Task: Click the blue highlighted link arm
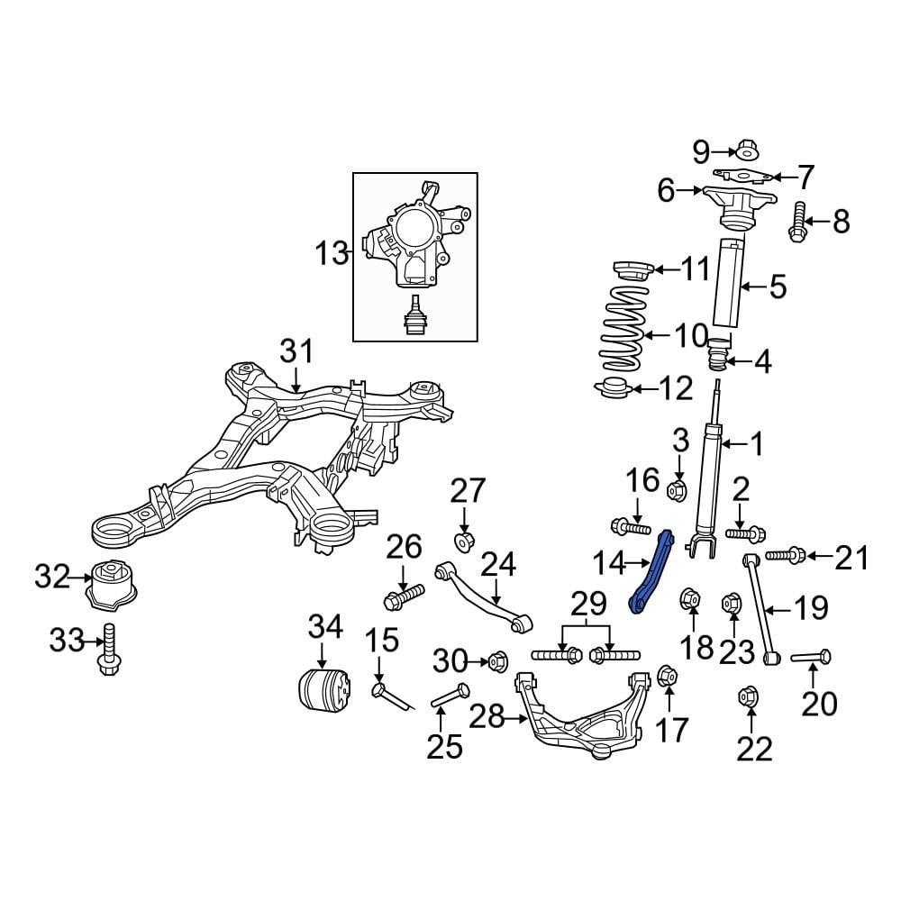tap(651, 571)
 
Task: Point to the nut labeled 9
tap(746, 150)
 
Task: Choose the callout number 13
tap(332, 253)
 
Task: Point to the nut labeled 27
tap(465, 541)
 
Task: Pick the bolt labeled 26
tap(404, 597)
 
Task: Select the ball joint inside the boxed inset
tap(415, 317)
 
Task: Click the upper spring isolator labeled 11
tap(631, 270)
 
